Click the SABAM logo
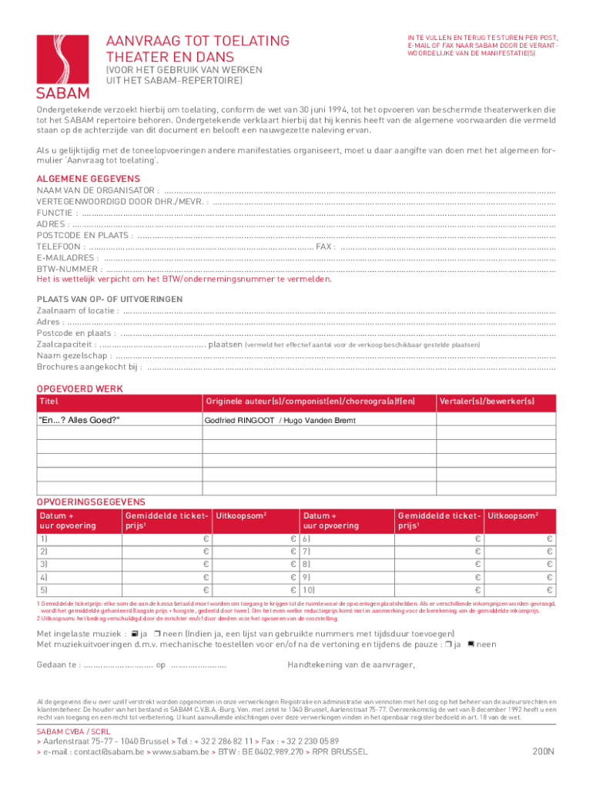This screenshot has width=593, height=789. click(64, 66)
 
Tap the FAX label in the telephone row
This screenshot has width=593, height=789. click(326, 247)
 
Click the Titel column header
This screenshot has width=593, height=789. click(49, 401)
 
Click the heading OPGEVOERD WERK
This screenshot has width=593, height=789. click(80, 388)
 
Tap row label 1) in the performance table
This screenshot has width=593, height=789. click(44, 539)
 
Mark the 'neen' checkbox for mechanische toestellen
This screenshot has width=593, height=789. click(471, 644)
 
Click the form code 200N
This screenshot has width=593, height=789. click(543, 750)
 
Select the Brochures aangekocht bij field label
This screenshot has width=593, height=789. click(89, 368)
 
